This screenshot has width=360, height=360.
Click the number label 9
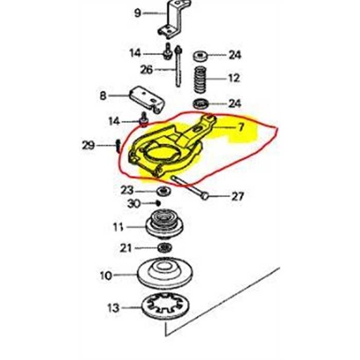[138, 13]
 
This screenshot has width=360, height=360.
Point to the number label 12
[234, 78]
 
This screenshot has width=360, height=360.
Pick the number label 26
[146, 70]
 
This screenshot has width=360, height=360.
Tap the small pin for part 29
[116, 146]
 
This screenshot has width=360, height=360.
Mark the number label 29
[87, 146]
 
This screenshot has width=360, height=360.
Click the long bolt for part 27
[190, 188]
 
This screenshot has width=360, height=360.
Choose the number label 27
[237, 196]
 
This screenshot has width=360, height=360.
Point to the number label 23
[126, 190]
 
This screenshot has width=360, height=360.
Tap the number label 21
[126, 247]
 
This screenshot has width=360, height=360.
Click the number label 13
[111, 308]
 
